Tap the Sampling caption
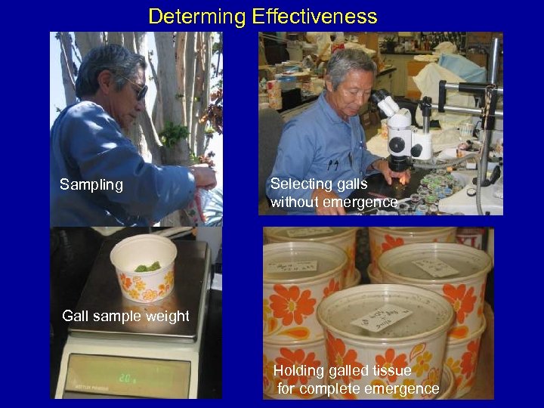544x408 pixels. [x=91, y=184]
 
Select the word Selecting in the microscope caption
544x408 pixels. [x=301, y=184]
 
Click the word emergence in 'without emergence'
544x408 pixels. [x=360, y=202]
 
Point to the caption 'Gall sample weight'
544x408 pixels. [x=125, y=316]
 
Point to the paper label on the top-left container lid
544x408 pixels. [x=292, y=266]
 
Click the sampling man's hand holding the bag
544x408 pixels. [x=204, y=177]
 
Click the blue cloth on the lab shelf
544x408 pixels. [x=462, y=68]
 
